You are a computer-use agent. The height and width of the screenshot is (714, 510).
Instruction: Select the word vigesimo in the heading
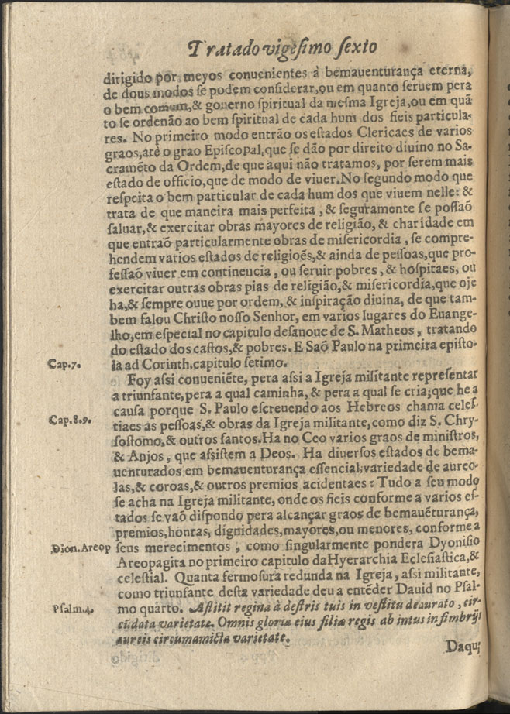(304, 52)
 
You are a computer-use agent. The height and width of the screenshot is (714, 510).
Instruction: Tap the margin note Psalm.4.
(75, 609)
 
